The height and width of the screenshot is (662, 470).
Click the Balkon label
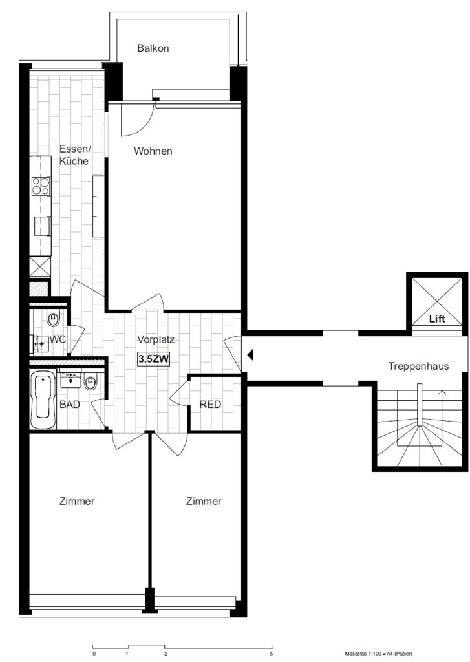[153, 48]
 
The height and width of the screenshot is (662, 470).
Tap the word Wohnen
[153, 151]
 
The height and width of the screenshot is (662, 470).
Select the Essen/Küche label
[75, 155]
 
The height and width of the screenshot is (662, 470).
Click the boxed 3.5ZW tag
[154, 359]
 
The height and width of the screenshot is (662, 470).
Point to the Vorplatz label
[156, 339]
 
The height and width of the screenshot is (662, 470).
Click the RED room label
[210, 405]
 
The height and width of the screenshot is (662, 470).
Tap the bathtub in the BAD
[43, 400]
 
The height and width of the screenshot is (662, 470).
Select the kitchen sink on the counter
[41, 226]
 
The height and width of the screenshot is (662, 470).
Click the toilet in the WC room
[53, 318]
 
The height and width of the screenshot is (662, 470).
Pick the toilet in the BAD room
[91, 382]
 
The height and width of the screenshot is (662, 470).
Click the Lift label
[437, 319]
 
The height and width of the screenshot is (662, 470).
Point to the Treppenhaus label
[418, 366]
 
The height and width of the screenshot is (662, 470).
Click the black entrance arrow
[250, 355]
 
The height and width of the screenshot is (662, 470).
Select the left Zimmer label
[77, 501]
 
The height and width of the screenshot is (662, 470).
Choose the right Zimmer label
[204, 501]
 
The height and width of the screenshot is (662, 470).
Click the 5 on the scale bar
[271, 654]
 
